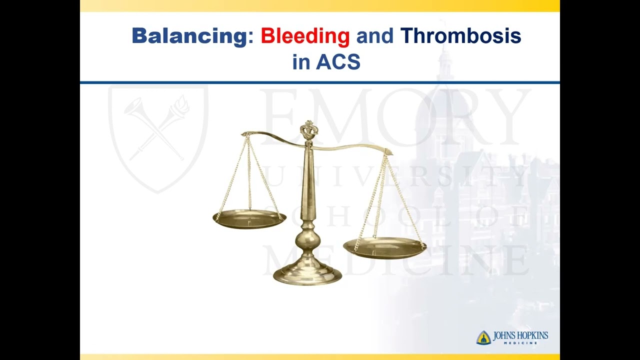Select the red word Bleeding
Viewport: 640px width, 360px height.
pyautogui.click(x=305, y=36)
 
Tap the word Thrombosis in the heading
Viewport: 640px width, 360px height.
pyautogui.click(x=460, y=36)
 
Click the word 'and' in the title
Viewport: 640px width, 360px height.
pyautogui.click(x=374, y=36)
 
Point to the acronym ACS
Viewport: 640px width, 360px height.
pyautogui.click(x=338, y=62)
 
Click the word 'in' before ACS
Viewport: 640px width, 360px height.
pyautogui.click(x=301, y=62)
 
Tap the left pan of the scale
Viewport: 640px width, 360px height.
pyautogui.click(x=249, y=218)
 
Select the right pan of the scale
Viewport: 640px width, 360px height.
pyautogui.click(x=384, y=247)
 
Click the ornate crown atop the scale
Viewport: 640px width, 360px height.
pyautogui.click(x=309, y=130)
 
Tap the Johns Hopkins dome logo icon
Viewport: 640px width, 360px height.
pyautogui.click(x=483, y=338)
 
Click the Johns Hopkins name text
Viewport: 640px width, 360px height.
pyautogui.click(x=520, y=336)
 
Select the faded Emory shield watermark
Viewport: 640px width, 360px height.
pyautogui.click(x=158, y=135)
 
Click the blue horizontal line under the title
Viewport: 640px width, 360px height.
pyautogui.click(x=320, y=82)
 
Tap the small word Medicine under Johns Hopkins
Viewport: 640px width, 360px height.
pyautogui.click(x=520, y=343)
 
